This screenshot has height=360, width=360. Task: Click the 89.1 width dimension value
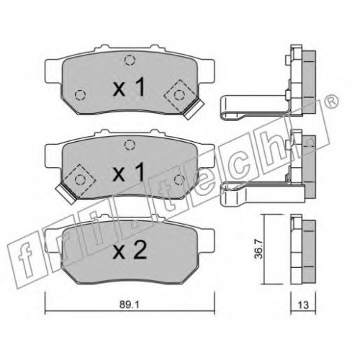129,305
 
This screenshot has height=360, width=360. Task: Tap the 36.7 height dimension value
258,249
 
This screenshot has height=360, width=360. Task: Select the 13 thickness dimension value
303,305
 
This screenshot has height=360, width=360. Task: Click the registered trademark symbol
331,102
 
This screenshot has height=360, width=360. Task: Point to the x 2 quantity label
130,250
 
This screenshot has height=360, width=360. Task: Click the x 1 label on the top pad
129,87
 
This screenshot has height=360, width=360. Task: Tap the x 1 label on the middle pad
129,171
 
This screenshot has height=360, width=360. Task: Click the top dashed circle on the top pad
130,60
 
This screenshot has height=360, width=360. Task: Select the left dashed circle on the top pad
80,95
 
